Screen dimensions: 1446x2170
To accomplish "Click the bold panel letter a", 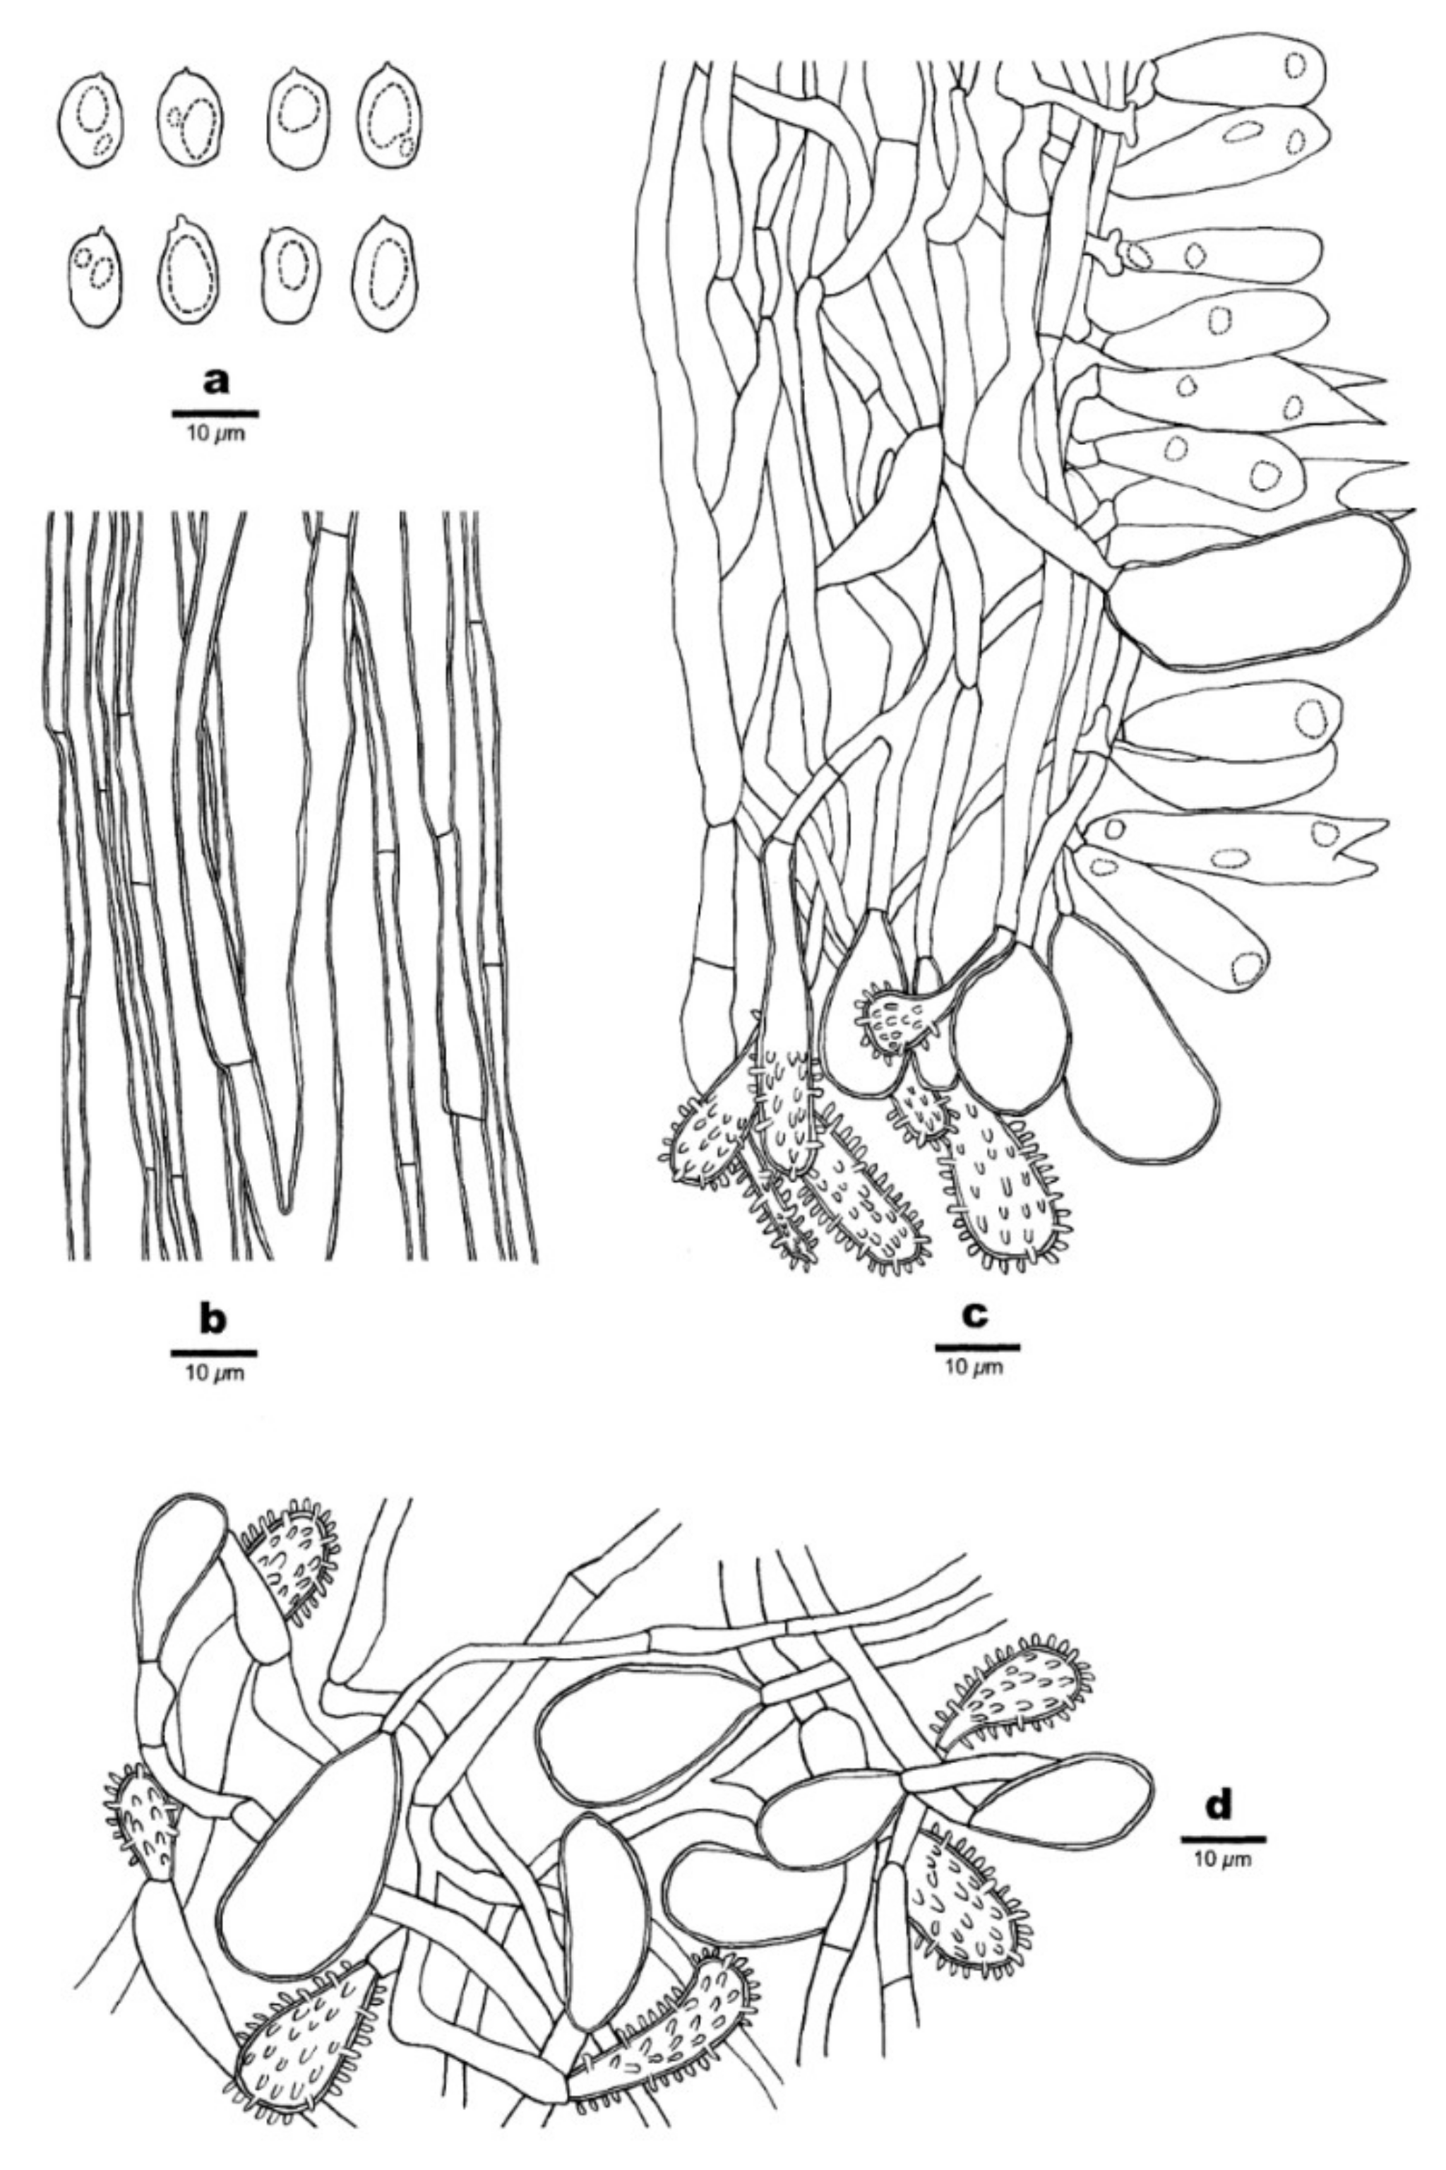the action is click(216, 380).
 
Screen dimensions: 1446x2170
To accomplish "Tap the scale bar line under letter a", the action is click(216, 413).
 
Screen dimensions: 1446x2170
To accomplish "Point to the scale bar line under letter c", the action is click(976, 1347).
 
